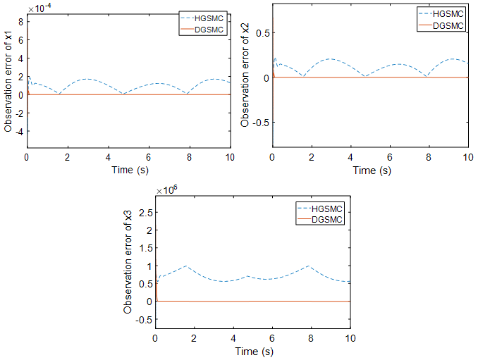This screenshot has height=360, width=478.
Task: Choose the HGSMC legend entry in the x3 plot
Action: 325,209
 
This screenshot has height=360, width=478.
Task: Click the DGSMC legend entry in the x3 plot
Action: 325,221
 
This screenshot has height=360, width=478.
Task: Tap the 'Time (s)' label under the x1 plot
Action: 129,169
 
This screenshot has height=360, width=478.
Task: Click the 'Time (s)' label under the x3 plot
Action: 253,350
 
